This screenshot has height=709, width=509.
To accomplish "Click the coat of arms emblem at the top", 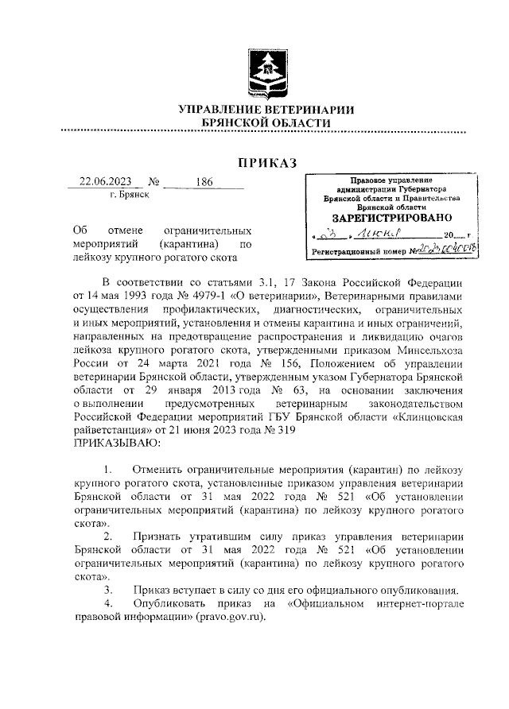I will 266,67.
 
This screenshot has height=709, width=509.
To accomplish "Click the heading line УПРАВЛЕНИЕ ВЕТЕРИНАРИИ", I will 266,109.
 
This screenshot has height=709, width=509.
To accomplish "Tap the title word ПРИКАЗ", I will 266,163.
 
